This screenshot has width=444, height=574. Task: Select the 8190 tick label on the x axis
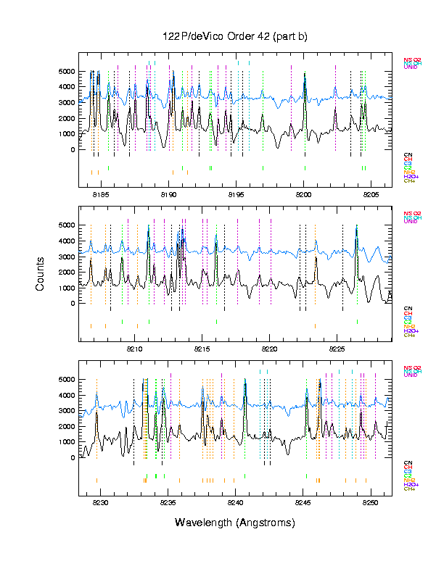pos(168,194)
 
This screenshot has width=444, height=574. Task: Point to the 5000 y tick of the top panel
pos(66,72)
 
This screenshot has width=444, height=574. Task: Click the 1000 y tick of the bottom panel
pos(66,442)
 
